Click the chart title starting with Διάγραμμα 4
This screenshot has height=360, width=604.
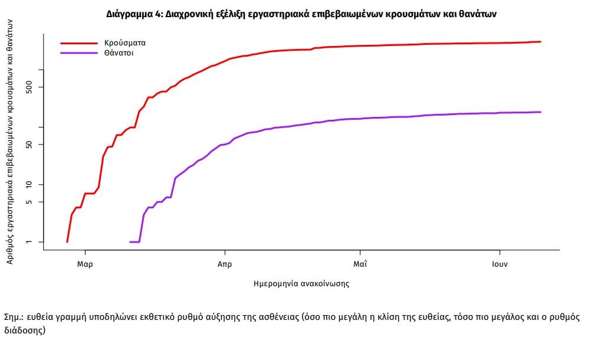301,14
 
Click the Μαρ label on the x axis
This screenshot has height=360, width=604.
85,264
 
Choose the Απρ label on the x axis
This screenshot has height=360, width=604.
224,264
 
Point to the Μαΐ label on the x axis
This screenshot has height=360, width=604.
360,264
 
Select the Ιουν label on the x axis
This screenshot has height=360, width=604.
500,264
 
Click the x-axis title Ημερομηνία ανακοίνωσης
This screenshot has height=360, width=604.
301,284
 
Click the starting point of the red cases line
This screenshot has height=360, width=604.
67,241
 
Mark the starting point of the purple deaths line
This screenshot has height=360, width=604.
130,241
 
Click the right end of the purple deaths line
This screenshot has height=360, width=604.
540,112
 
